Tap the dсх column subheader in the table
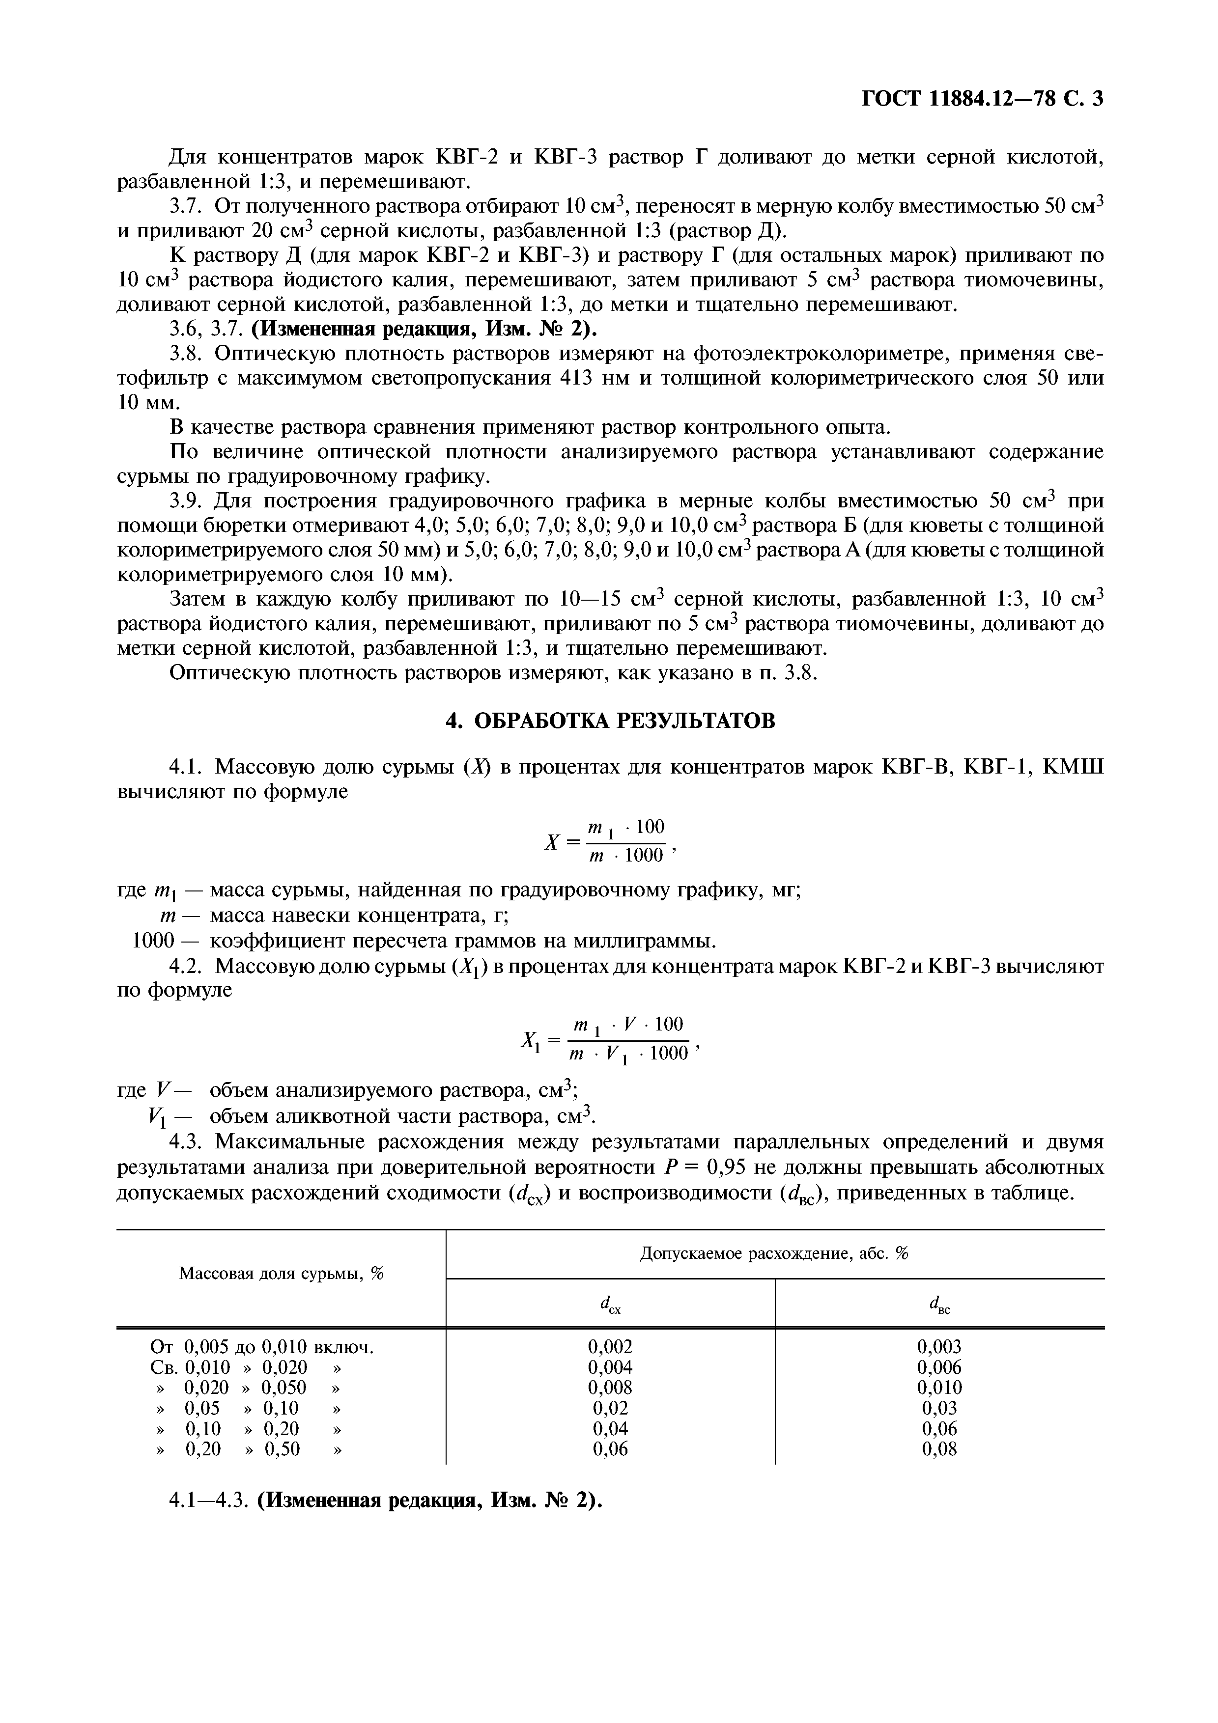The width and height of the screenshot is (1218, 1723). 610,1306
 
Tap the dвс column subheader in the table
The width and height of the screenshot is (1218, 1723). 939,1306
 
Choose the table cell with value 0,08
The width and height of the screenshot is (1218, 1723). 939,1449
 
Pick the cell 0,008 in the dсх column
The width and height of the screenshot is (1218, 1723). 610,1388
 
